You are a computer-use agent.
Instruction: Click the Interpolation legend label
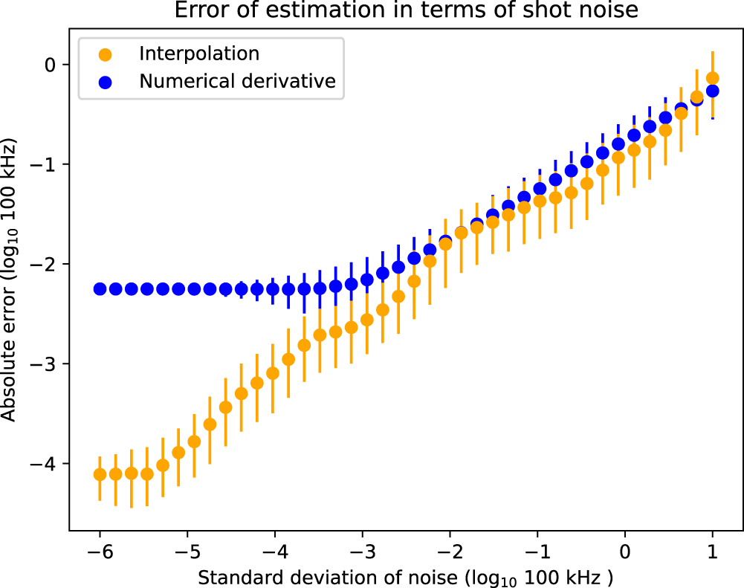[x=198, y=54]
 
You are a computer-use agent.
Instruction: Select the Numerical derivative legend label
[x=238, y=82]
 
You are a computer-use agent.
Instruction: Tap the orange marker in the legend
[x=106, y=54]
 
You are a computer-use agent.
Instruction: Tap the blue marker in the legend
[x=106, y=83]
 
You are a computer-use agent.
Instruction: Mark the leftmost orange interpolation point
[x=100, y=474]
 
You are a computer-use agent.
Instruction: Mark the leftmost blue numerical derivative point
[x=100, y=288]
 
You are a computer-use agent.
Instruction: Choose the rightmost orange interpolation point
[x=712, y=78]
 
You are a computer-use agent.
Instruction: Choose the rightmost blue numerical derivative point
[x=712, y=91]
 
